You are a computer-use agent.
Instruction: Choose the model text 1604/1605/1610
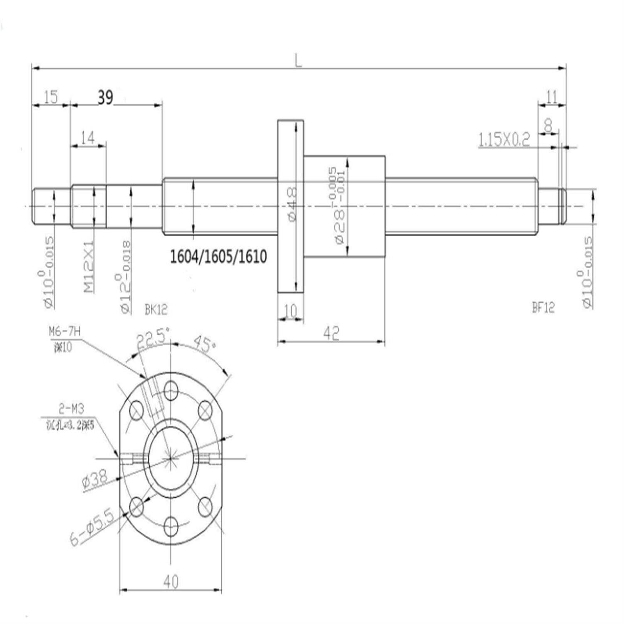coord(218,257)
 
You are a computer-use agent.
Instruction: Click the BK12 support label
coord(156,309)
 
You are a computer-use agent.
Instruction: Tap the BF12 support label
coord(543,307)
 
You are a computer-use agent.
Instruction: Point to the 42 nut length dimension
coord(331,333)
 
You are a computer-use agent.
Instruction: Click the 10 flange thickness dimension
coord(290,310)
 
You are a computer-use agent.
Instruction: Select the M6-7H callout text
coord(64,332)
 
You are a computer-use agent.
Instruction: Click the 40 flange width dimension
coord(171,581)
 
